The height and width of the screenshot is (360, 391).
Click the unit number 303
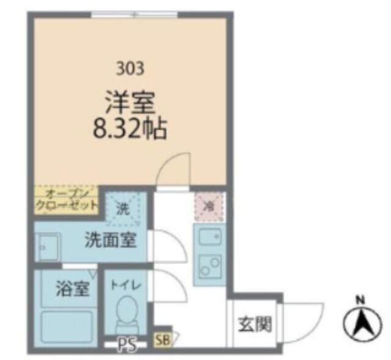coord(130,68)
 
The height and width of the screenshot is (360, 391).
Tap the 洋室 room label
coord(130,103)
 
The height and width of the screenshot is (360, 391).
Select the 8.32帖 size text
coord(130,129)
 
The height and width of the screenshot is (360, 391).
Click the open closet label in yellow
coord(67,200)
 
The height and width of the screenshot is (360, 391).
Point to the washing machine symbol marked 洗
coord(123,209)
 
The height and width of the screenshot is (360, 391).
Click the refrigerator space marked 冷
coord(210,207)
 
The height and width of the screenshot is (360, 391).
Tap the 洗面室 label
coord(111,240)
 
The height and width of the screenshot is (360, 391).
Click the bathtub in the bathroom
coord(67,328)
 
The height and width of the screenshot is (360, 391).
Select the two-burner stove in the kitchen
coord(210,266)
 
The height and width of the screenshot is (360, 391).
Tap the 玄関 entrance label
coord(255,325)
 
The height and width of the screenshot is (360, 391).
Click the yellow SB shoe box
coord(163,340)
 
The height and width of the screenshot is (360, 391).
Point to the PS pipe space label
coord(128,345)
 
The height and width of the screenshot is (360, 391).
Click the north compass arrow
coord(362,323)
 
